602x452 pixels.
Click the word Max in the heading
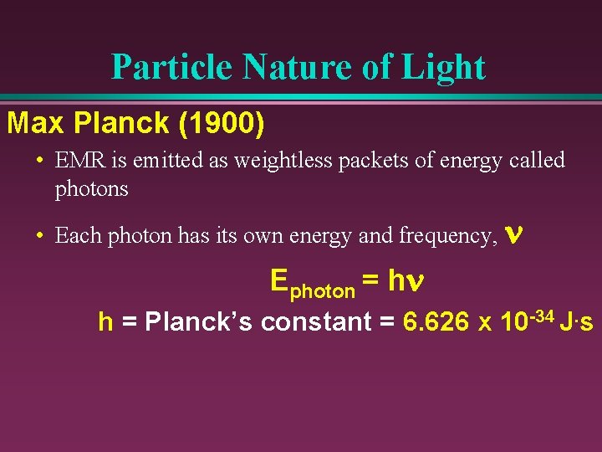tap(35, 123)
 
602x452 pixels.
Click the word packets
tap(365, 160)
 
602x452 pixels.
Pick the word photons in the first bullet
tap(91, 189)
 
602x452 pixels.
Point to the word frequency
tap(447, 237)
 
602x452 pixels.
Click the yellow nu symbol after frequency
tap(514, 236)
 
